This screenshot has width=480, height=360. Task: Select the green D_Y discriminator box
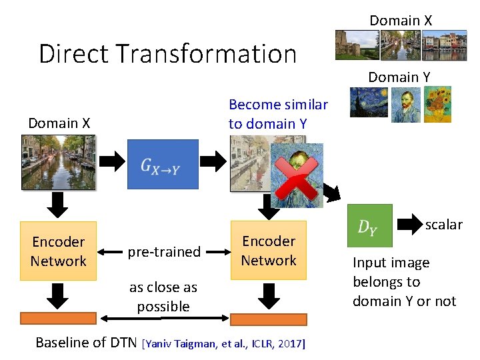point(369,226)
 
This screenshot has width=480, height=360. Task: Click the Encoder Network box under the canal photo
point(59,251)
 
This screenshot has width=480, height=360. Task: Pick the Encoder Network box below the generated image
point(269,250)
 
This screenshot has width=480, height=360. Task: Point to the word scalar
point(443,225)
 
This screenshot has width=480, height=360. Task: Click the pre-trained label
point(164,251)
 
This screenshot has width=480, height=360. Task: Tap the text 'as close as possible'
point(163,297)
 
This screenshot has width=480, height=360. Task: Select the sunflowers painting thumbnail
point(437,103)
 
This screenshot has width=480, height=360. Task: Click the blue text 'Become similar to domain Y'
point(278,114)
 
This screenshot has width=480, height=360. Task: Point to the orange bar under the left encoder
point(59,319)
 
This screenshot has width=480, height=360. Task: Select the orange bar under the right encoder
point(268,319)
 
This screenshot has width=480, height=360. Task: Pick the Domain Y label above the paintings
point(399,77)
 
